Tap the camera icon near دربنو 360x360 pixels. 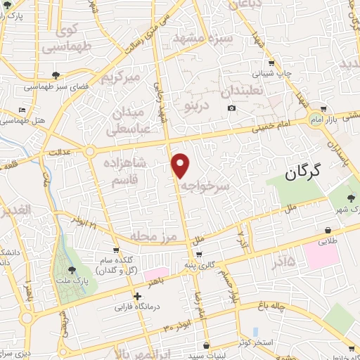(x=232, y=108)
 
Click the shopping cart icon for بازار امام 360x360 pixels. (x=323, y=110)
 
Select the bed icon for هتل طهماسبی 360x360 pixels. (x=22, y=111)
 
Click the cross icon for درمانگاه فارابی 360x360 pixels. (x=138, y=297)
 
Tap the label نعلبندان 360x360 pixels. (x=242, y=91)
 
